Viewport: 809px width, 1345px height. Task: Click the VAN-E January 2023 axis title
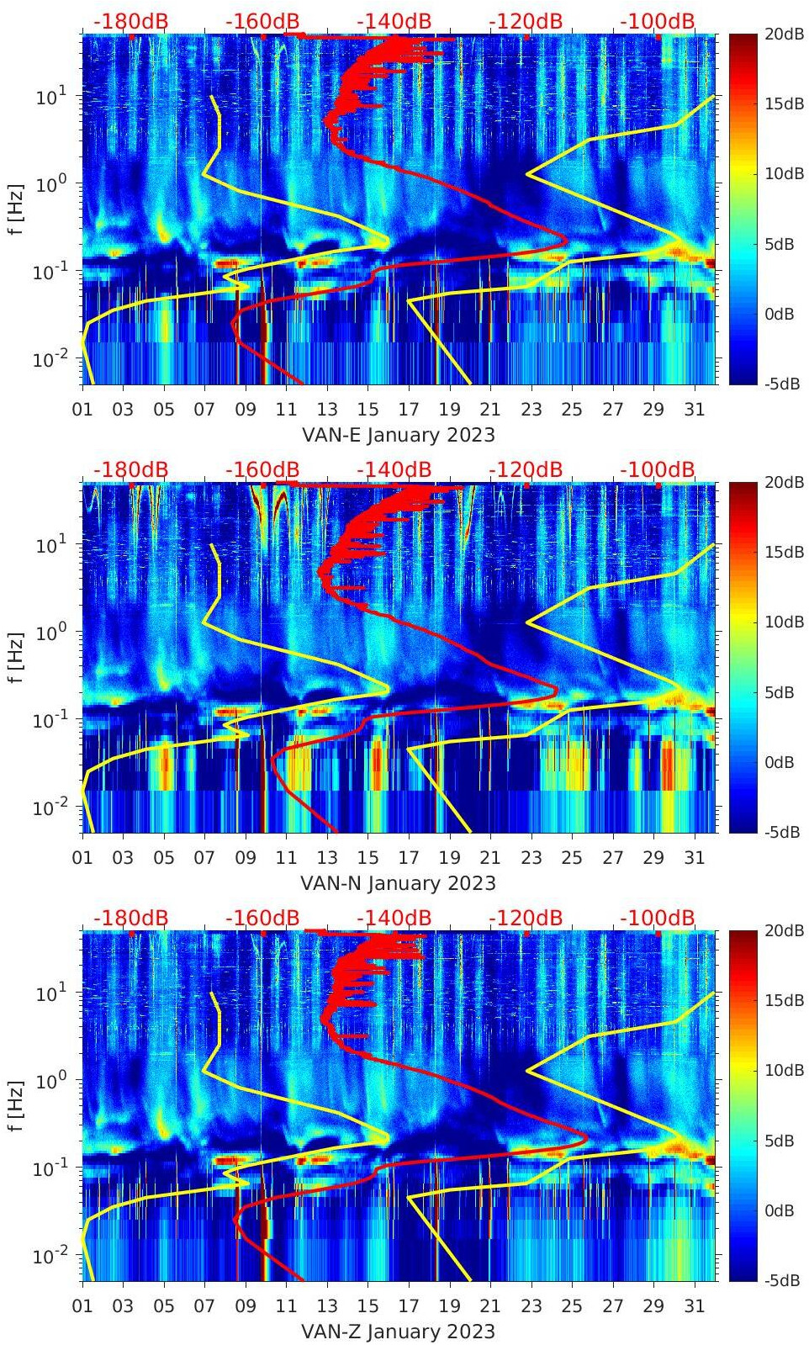point(398,435)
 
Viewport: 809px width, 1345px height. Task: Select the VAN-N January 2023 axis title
point(398,883)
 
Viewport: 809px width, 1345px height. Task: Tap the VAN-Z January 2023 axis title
point(398,1332)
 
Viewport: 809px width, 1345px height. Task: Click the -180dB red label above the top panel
point(130,21)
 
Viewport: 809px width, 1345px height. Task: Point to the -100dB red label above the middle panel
point(658,469)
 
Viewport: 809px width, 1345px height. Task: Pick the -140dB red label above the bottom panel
point(394,918)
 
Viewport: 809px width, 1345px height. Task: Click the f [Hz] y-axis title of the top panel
point(16,209)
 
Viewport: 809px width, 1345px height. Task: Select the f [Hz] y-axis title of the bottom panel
point(16,1105)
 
